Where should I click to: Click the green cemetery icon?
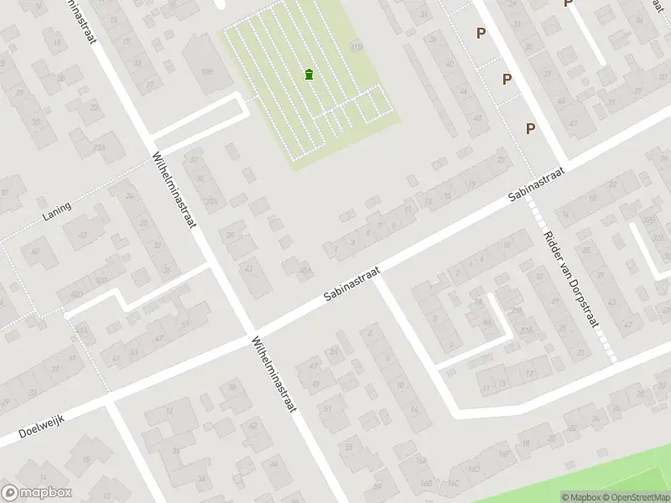pos(310,75)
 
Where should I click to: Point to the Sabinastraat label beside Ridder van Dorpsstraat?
pos(537,183)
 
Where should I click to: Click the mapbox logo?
pos(37,493)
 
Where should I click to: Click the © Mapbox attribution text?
pos(581,497)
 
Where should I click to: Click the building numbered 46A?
pos(304,271)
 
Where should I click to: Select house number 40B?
pos(100,279)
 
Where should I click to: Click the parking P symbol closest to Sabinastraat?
pos(530,128)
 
